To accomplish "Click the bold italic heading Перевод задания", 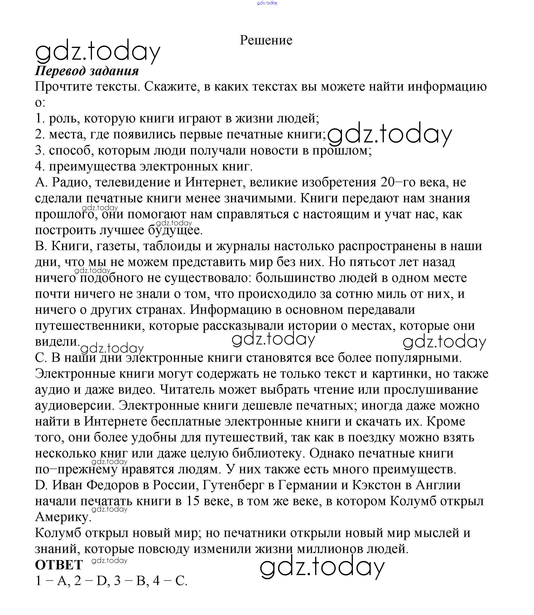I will pyautogui.click(x=87, y=71).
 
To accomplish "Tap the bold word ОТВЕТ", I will pyautogui.click(x=59, y=565).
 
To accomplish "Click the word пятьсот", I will pyautogui.click(x=369, y=262).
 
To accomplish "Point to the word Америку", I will pyautogui.click(x=63, y=517).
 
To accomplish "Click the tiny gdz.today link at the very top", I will pyautogui.click(x=267, y=3).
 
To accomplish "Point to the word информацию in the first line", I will pyautogui.click(x=447, y=87).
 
